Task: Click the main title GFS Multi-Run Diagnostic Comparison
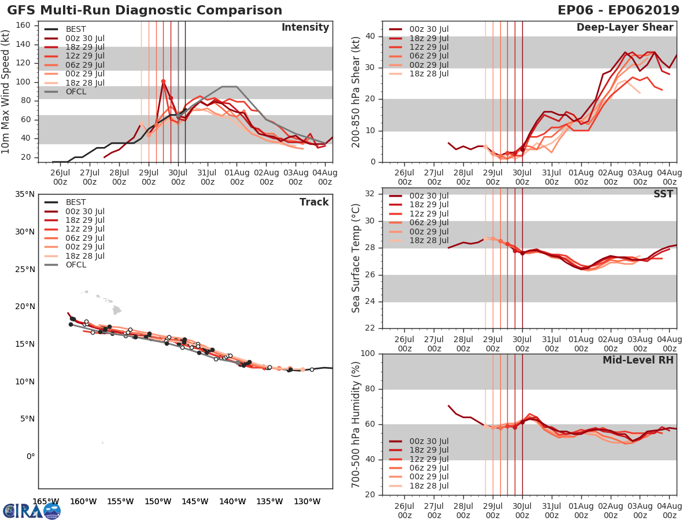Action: coord(145,10)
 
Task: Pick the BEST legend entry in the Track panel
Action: coord(76,203)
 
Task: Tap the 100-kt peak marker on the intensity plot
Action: coord(163,81)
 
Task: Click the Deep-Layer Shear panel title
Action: coord(625,28)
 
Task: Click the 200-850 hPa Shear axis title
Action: coord(356,91)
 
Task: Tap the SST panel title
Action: coord(663,194)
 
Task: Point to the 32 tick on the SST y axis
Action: coord(372,194)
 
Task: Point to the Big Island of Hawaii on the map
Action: coord(117,310)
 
